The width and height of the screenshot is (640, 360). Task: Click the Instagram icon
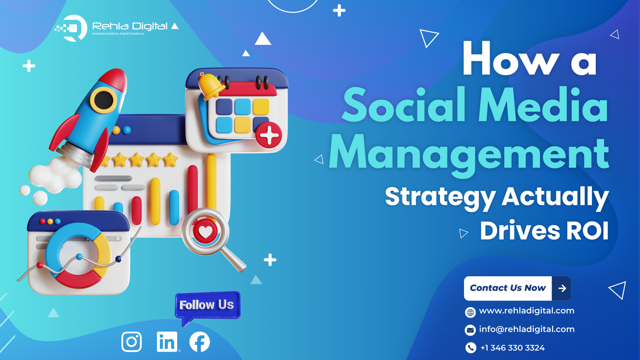[132, 342]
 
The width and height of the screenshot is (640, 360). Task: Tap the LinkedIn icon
[167, 342]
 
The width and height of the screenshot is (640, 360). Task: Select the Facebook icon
[199, 342]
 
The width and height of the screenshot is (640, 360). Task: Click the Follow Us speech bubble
[206, 306]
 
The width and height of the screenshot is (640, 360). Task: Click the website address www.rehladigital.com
[526, 310]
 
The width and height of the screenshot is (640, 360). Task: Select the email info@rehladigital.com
[526, 329]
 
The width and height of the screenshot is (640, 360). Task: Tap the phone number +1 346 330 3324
[512, 348]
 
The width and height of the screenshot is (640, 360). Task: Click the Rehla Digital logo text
[130, 26]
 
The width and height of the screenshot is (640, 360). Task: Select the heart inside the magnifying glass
[205, 231]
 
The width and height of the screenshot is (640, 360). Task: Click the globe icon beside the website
[470, 311]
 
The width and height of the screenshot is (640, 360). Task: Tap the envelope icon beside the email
[470, 330]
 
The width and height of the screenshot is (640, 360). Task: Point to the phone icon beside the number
[470, 348]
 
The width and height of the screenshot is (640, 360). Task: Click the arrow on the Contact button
[562, 288]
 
